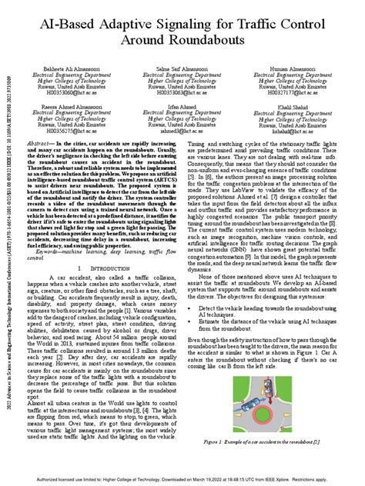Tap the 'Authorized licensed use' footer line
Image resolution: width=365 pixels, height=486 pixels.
(182, 479)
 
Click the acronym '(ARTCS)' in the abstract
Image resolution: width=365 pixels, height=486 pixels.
(166, 180)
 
